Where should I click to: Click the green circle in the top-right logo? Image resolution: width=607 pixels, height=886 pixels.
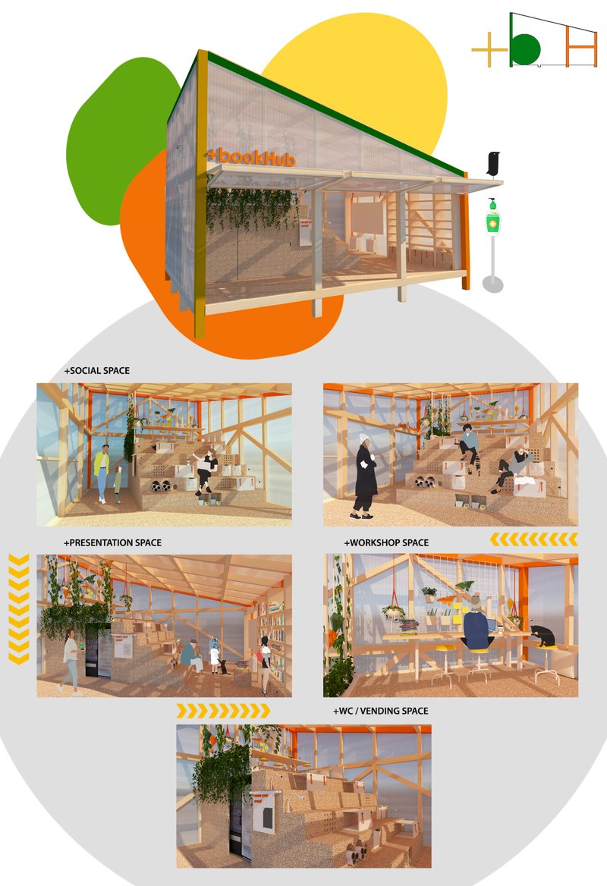coord(525,49)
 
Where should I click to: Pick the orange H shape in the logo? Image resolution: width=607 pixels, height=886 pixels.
coord(583,51)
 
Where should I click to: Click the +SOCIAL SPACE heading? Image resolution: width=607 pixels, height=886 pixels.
coord(97,371)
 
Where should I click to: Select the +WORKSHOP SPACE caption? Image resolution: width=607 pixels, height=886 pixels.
coord(386,543)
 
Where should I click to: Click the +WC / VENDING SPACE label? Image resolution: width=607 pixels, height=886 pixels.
coord(380,711)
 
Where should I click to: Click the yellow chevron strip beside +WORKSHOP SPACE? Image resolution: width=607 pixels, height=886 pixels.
coord(533,539)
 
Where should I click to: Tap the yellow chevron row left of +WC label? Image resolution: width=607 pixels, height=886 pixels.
coord(223,711)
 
